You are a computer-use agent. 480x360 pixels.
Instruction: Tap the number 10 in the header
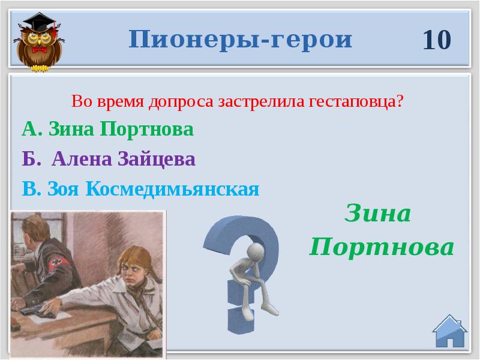tap(436, 40)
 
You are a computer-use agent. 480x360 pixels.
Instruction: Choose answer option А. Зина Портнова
tap(107, 130)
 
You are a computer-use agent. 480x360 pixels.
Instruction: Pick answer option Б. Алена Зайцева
tap(109, 159)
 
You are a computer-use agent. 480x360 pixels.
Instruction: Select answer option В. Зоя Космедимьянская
tap(140, 189)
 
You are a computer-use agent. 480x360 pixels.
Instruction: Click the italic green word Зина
tap(377, 214)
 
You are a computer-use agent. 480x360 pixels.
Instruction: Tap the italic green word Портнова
tap(382, 246)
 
